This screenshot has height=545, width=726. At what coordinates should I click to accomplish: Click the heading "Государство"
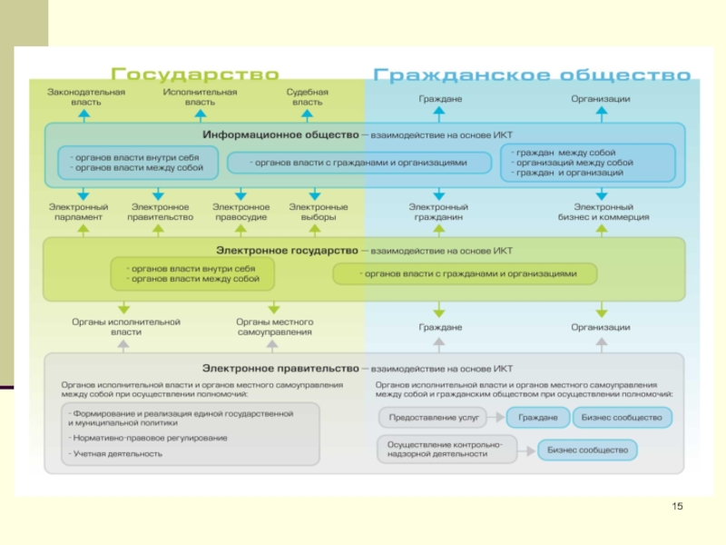[194, 74]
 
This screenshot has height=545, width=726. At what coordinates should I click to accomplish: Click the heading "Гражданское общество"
[532, 74]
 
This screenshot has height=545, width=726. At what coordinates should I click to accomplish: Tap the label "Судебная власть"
[308, 97]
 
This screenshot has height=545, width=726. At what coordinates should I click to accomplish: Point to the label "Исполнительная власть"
[201, 97]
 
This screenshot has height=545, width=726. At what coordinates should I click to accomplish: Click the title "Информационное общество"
[280, 134]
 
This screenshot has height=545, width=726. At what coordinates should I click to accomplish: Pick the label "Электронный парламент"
[78, 213]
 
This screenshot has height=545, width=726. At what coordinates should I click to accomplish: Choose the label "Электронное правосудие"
[240, 213]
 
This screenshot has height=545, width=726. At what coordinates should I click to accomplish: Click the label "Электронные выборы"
[319, 213]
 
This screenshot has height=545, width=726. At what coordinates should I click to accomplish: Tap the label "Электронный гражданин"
[439, 213]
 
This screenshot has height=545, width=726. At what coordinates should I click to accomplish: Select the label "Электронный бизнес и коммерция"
[603, 213]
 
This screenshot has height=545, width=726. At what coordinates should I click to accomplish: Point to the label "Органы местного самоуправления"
[275, 327]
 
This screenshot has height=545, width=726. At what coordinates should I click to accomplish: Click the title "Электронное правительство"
[280, 369]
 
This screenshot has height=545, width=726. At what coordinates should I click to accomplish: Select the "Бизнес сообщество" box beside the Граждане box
[623, 418]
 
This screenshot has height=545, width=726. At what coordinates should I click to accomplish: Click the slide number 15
[676, 506]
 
